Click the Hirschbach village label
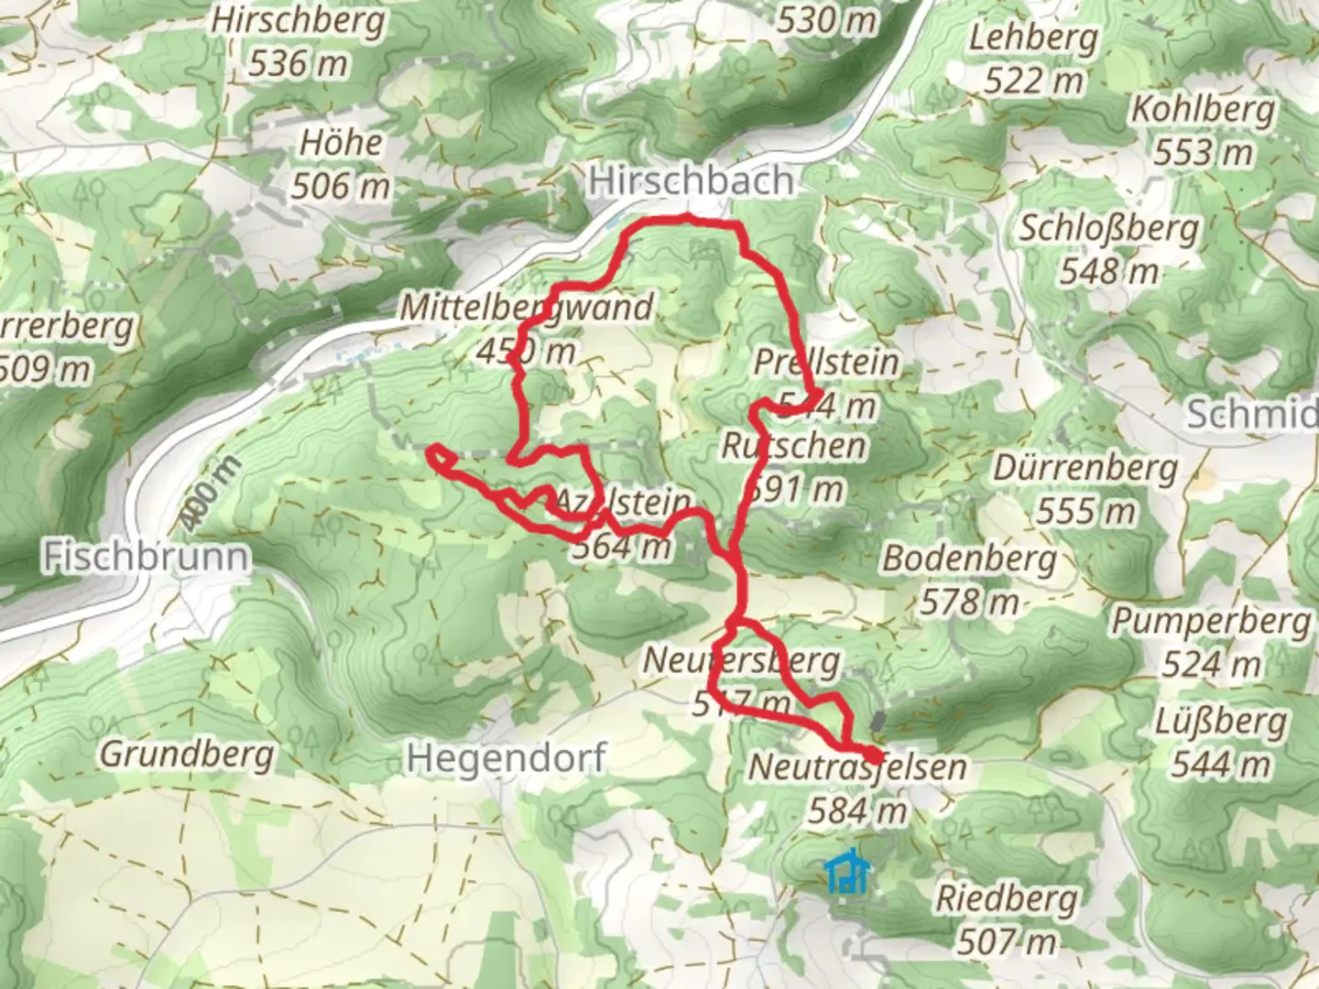(691, 180)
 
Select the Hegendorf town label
(506, 757)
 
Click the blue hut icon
(846, 873)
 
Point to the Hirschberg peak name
(299, 21)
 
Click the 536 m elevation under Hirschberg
(299, 63)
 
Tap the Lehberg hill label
(1033, 38)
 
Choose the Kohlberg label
(1203, 109)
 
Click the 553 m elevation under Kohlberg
(1203, 152)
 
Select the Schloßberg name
(1109, 228)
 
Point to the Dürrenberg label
(1085, 468)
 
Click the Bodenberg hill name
(969, 558)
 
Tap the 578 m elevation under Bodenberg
(969, 602)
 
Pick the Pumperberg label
(1211, 621)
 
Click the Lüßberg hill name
(1220, 721)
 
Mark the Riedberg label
(1006, 898)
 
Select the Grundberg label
(187, 755)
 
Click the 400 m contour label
(210, 492)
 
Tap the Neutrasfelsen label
(857, 767)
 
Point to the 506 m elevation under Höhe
(341, 186)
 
